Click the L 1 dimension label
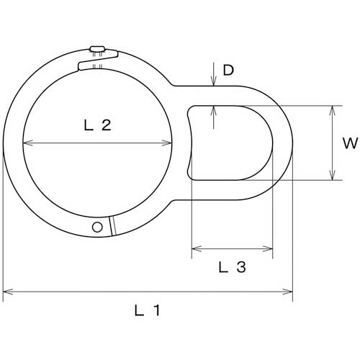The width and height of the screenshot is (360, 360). pyautogui.click(x=147, y=310)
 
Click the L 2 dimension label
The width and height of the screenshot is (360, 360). pyautogui.click(x=98, y=125)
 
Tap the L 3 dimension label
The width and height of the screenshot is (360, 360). pyautogui.click(x=233, y=267)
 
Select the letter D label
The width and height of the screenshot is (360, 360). pyautogui.click(x=228, y=71)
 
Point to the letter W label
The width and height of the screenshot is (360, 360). pyautogui.click(x=351, y=143)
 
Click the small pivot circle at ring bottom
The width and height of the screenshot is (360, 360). pyautogui.click(x=97, y=227)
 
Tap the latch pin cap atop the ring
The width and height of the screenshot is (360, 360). pyautogui.click(x=97, y=49)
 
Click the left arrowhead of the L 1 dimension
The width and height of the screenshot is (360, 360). pyautogui.click(x=7, y=292)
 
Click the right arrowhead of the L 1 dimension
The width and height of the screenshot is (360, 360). pyautogui.click(x=288, y=292)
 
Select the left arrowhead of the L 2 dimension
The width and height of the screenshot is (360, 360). pyautogui.click(x=27, y=143)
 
